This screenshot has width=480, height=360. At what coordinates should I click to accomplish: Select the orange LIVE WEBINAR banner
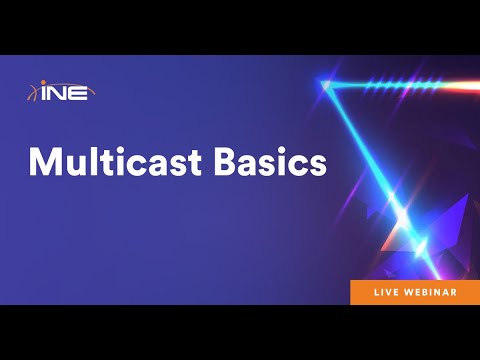[x=414, y=292]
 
